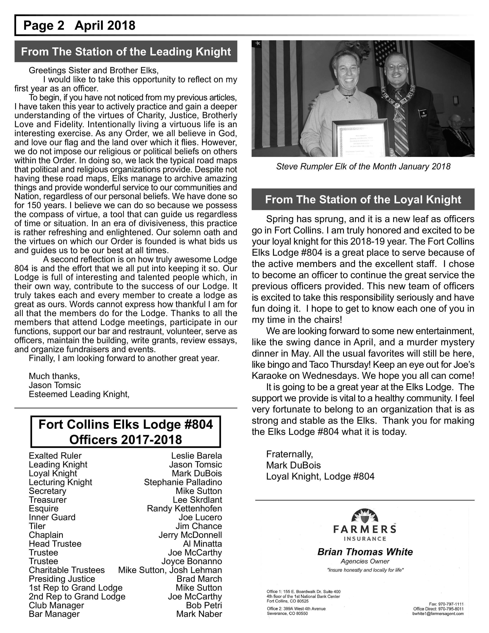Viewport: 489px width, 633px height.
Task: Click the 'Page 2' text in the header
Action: pos(44,26)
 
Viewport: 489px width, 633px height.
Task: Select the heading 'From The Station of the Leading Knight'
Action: pos(126,52)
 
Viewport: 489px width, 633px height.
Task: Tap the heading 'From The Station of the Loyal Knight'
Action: pos(363,199)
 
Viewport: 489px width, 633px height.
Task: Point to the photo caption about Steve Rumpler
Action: pos(363,166)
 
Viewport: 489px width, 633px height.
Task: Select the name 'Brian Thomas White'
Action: pos(365,552)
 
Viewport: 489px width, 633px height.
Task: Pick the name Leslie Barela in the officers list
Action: pos(196,456)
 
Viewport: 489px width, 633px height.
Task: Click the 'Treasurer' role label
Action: pos(48,500)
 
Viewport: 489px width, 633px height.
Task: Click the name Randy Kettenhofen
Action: pos(184,508)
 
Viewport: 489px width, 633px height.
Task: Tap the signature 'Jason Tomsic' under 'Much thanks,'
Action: pos(55,385)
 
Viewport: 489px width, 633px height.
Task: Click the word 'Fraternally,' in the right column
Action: pos(289,454)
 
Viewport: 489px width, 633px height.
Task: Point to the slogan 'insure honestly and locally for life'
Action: pos(365,570)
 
